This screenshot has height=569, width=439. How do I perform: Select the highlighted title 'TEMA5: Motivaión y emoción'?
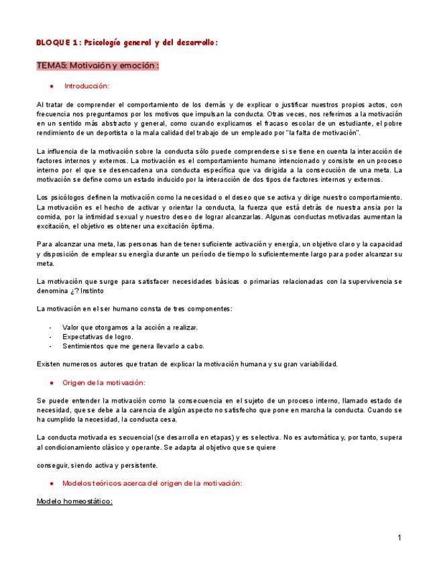pyautogui.click(x=98, y=66)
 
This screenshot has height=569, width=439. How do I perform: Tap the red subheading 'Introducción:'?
pyautogui.click(x=86, y=86)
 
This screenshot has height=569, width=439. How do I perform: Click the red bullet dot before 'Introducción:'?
pyautogui.click(x=52, y=87)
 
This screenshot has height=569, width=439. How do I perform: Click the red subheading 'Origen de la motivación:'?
pyautogui.click(x=103, y=382)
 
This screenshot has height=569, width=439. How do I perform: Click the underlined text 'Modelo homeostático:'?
pyautogui.click(x=74, y=501)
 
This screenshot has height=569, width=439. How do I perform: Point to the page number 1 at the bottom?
pyautogui.click(x=399, y=537)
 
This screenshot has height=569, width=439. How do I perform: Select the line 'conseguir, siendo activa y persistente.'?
pyautogui.click(x=97, y=464)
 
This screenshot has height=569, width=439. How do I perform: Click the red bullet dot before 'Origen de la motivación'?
pyautogui.click(x=52, y=382)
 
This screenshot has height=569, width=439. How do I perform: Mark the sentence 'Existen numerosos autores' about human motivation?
pyautogui.click(x=187, y=364)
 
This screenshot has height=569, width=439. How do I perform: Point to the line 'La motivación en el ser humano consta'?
pyautogui.click(x=135, y=308)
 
